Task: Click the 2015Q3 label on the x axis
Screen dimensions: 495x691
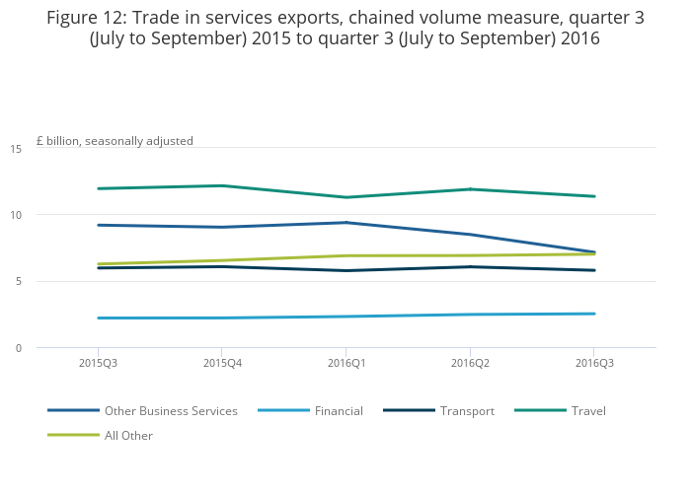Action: point(97,363)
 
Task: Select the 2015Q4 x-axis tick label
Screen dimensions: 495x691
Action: point(220,363)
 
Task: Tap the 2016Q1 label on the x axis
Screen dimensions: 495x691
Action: point(345,363)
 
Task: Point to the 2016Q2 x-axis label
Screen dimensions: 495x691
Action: point(469,363)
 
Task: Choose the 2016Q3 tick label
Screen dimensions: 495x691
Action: point(593,363)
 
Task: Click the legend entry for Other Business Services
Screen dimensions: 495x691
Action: point(171,410)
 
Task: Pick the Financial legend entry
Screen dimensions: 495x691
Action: point(338,410)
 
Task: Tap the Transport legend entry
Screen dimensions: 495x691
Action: point(467,410)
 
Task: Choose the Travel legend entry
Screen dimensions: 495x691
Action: point(588,410)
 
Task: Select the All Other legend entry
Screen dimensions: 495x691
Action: point(128,435)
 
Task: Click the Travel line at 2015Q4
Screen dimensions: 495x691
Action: point(220,185)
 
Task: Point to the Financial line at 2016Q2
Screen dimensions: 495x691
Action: point(469,315)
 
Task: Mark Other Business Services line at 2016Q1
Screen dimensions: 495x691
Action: point(345,223)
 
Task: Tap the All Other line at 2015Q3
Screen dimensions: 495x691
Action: point(97,264)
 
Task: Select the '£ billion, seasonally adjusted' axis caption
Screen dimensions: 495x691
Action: point(115,141)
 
